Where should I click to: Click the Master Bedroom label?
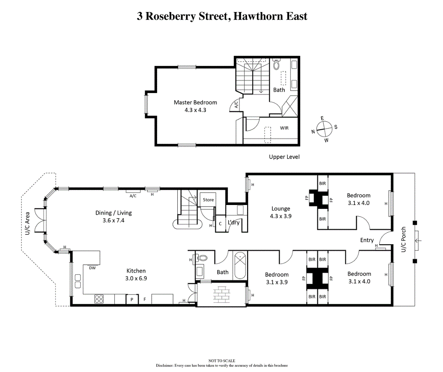(x=195, y=106)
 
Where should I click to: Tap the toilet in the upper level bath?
(x=276, y=64)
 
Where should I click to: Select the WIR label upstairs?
(x=284, y=128)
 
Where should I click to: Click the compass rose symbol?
(x=324, y=129)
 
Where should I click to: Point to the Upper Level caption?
(x=284, y=157)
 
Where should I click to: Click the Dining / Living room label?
(x=114, y=217)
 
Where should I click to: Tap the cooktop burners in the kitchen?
(x=99, y=299)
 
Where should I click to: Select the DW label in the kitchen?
(x=92, y=268)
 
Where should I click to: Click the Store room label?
(x=208, y=200)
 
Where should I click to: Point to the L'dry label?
(x=234, y=222)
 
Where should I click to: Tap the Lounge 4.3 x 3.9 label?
(x=281, y=212)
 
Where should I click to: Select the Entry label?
(x=367, y=240)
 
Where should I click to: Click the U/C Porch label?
(x=403, y=239)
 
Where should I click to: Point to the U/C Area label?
(x=28, y=224)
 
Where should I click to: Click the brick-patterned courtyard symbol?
(x=222, y=294)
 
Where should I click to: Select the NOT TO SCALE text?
(x=222, y=361)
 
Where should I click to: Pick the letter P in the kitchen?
(x=132, y=300)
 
